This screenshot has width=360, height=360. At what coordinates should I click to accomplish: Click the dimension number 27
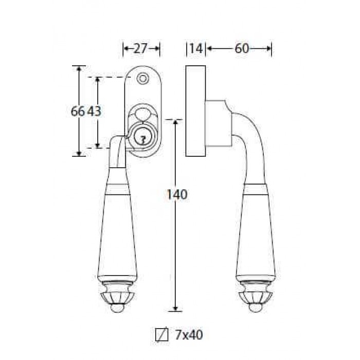click(x=140, y=49)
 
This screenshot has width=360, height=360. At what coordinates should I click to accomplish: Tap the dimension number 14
click(x=196, y=49)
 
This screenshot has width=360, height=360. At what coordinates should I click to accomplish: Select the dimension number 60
click(x=242, y=49)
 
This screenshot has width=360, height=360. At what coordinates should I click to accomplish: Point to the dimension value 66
click(x=78, y=112)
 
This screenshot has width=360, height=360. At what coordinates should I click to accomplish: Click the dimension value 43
click(x=95, y=112)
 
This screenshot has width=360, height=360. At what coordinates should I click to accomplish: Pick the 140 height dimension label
click(x=177, y=195)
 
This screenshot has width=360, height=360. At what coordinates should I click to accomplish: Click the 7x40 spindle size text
click(x=189, y=335)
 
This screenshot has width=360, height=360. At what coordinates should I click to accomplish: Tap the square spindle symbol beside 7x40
click(x=161, y=335)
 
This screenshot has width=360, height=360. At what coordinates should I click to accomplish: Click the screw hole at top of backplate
click(x=142, y=79)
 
